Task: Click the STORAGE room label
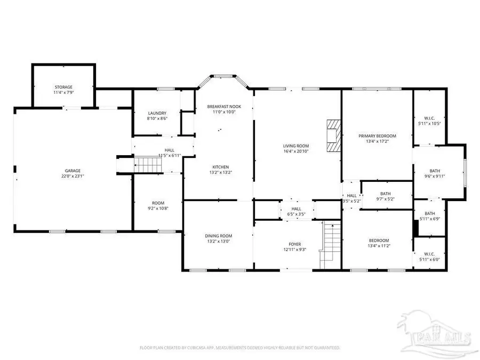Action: [63, 87]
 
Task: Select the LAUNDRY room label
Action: [157, 113]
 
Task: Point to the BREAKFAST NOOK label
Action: [224, 107]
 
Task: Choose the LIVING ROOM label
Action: [296, 146]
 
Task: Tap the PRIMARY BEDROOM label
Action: [377, 136]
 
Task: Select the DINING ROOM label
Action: [219, 236]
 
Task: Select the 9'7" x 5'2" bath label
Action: [386, 199]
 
